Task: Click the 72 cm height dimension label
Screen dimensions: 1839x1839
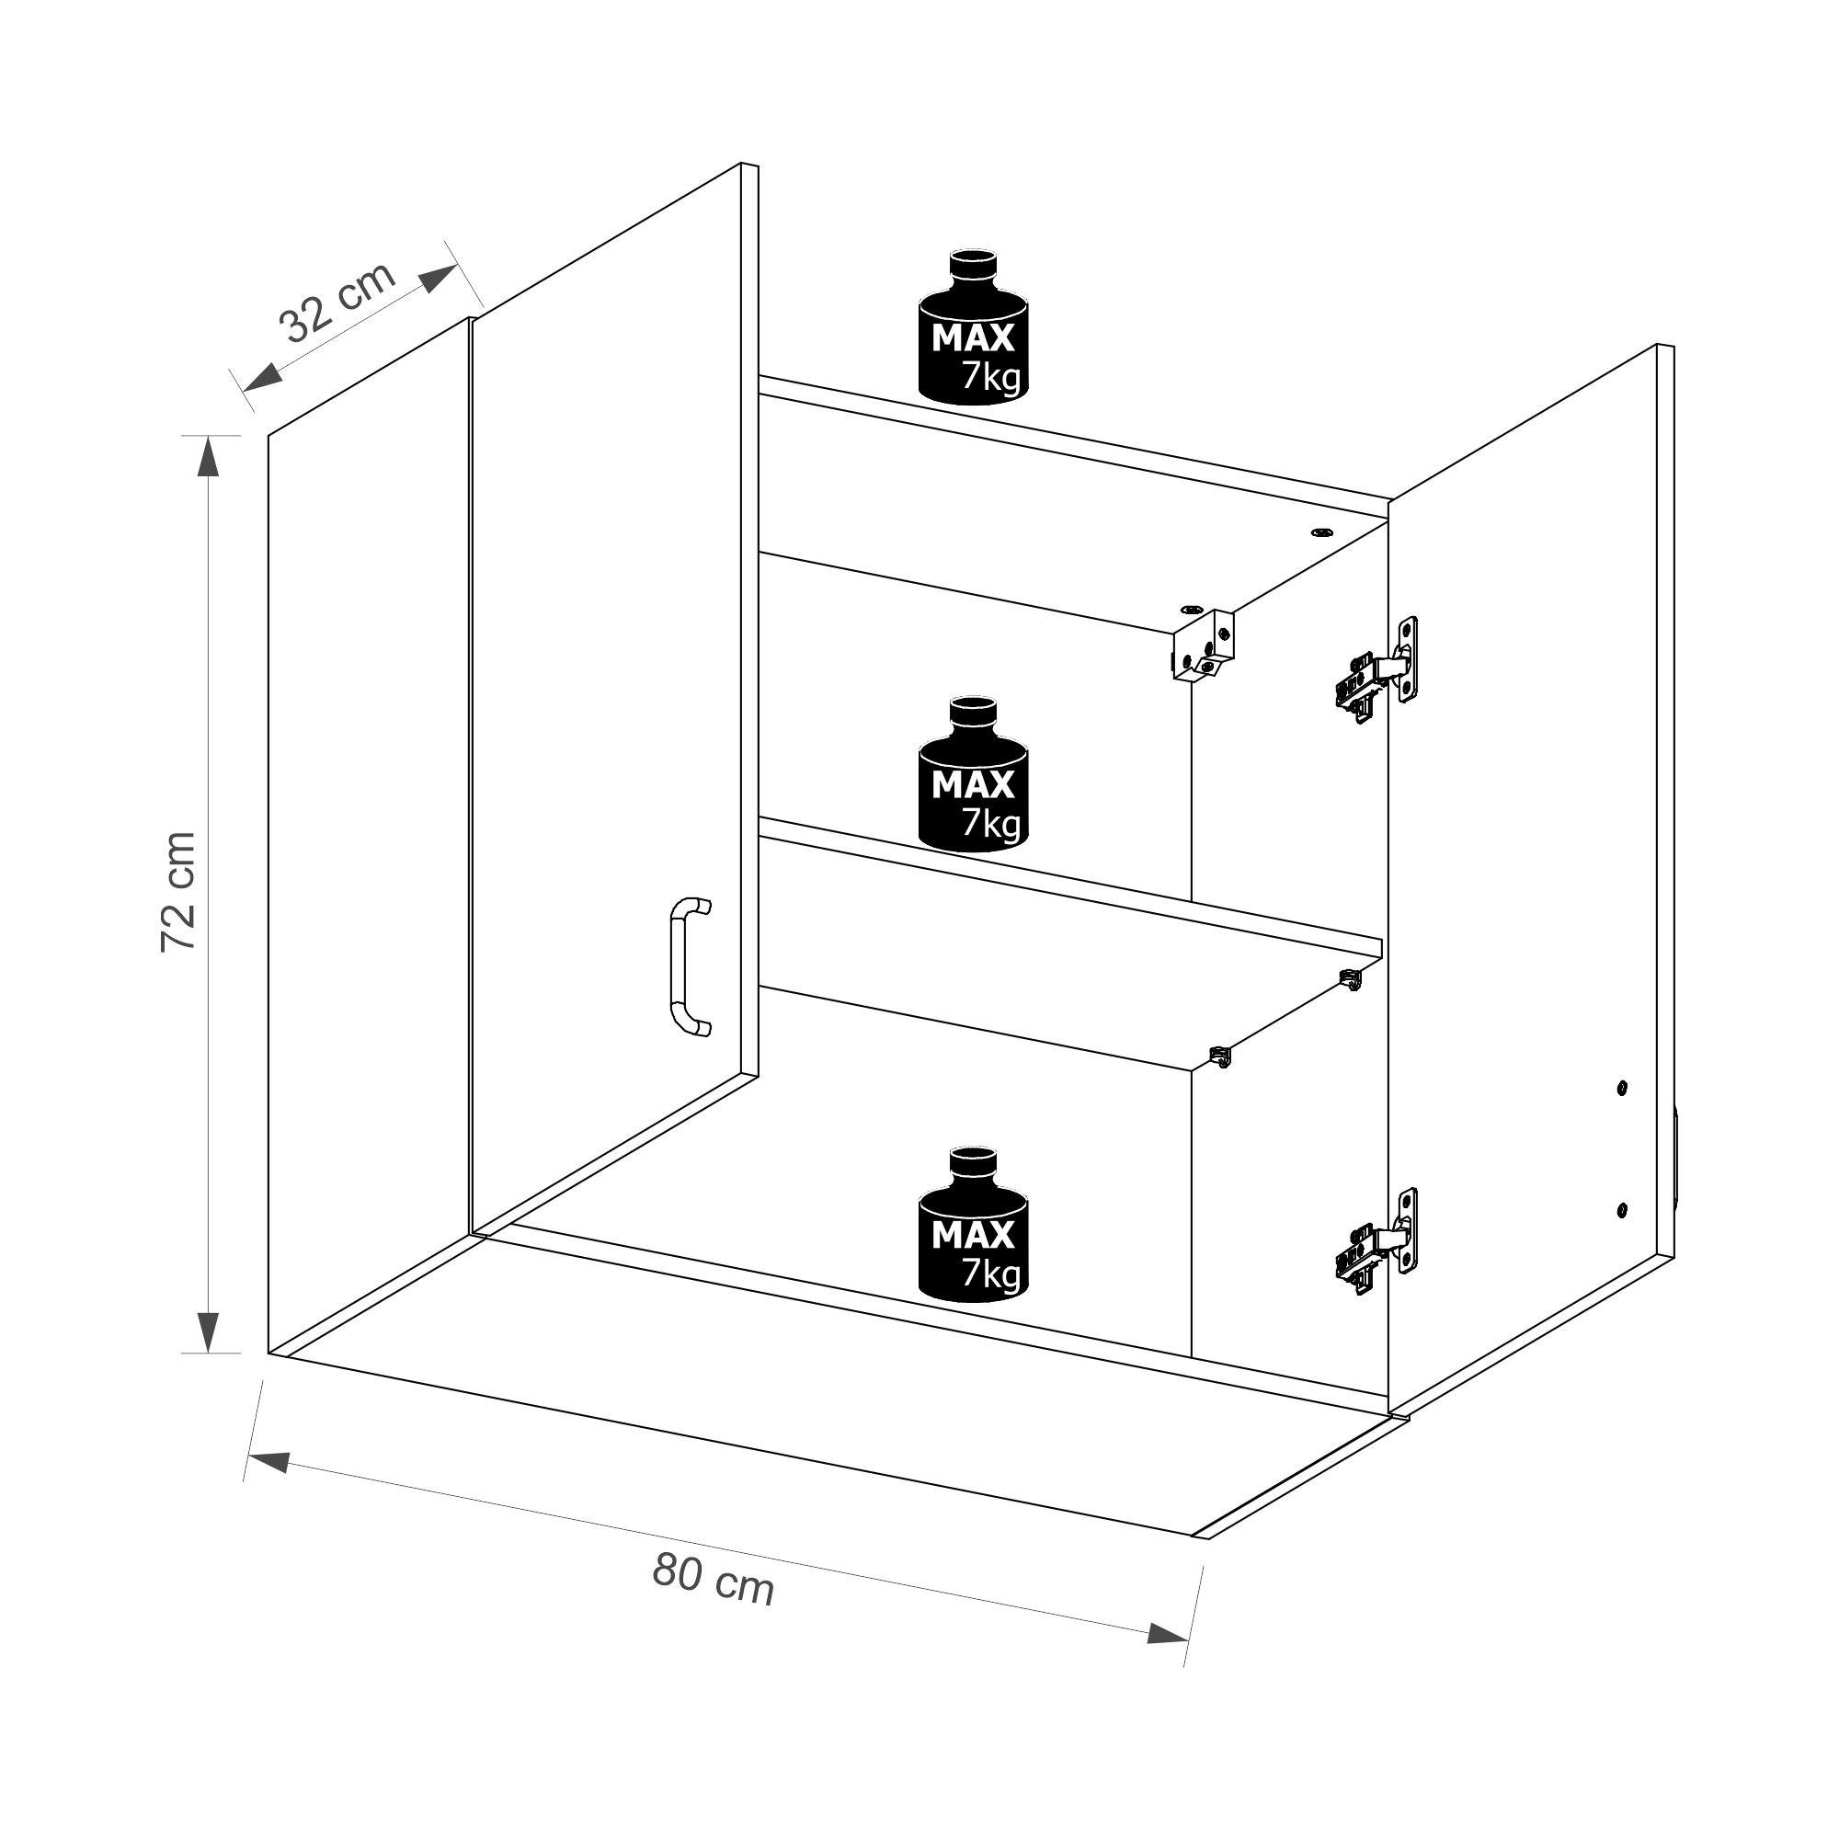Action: tap(179, 892)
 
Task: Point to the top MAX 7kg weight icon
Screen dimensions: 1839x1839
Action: tap(973, 327)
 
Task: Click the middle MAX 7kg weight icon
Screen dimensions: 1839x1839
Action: tap(973, 773)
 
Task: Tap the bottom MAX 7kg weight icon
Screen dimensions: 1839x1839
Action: tap(973, 1224)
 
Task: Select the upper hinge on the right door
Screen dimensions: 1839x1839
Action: tap(1376, 670)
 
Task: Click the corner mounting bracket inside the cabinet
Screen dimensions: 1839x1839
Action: tap(1202, 646)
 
